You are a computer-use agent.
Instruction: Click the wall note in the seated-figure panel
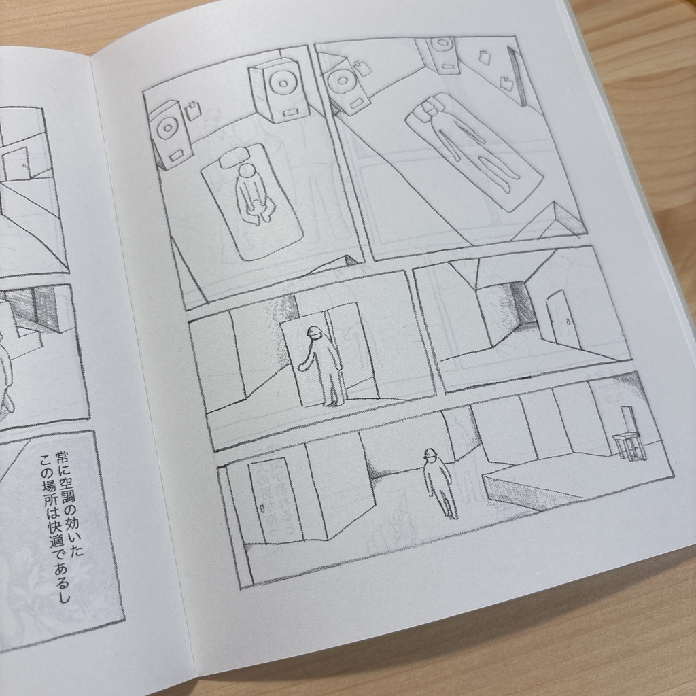(193, 111)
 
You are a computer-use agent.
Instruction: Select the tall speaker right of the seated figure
(280, 92)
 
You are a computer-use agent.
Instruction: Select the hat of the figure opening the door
(314, 332)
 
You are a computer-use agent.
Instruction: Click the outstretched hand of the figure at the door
(300, 367)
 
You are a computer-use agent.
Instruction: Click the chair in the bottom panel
(628, 439)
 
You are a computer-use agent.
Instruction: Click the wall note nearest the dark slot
(506, 84)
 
